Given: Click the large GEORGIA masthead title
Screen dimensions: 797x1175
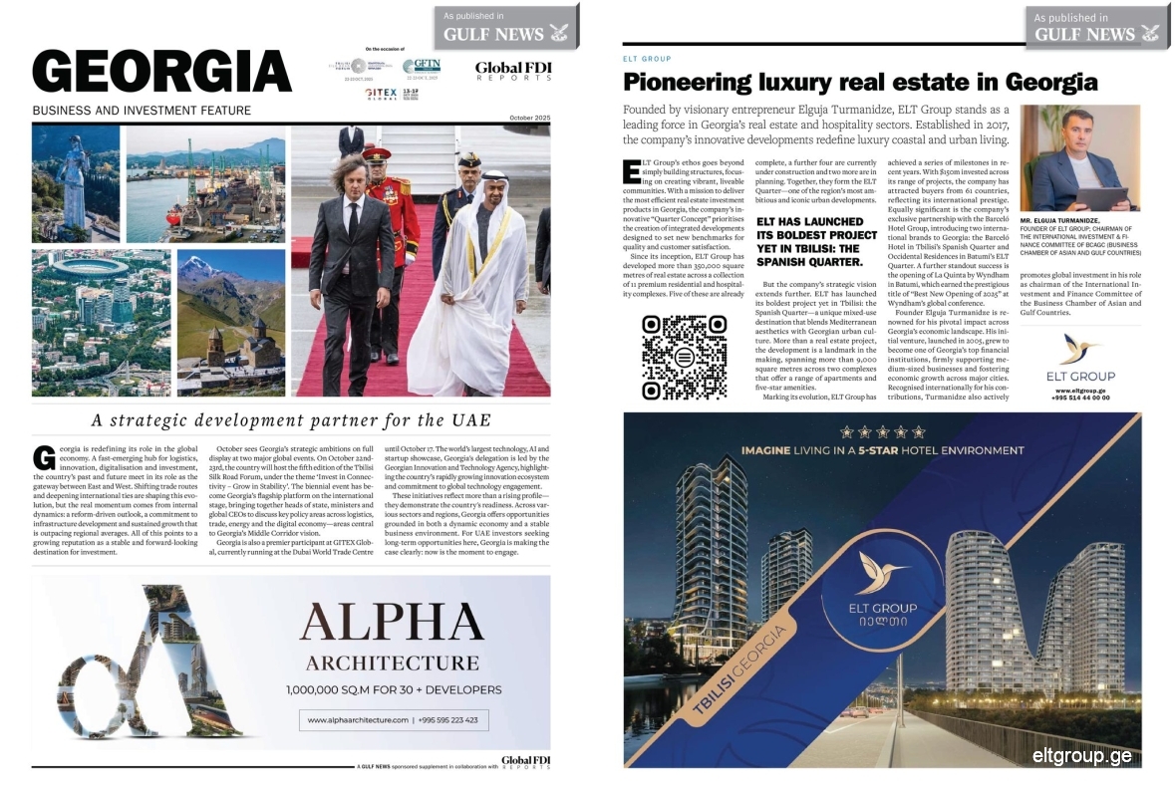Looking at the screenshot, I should [x=161, y=72].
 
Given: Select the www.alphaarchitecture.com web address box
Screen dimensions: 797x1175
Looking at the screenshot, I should [x=393, y=719].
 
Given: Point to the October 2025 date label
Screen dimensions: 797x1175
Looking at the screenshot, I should [x=523, y=119].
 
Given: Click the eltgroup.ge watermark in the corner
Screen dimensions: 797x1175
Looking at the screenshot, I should [x=1081, y=755].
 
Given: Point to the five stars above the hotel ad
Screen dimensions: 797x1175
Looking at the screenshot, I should [x=881, y=432].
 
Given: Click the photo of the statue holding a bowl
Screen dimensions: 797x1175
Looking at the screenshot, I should [x=76, y=184].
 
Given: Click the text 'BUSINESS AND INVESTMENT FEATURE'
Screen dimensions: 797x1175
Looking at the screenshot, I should [x=142, y=111].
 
